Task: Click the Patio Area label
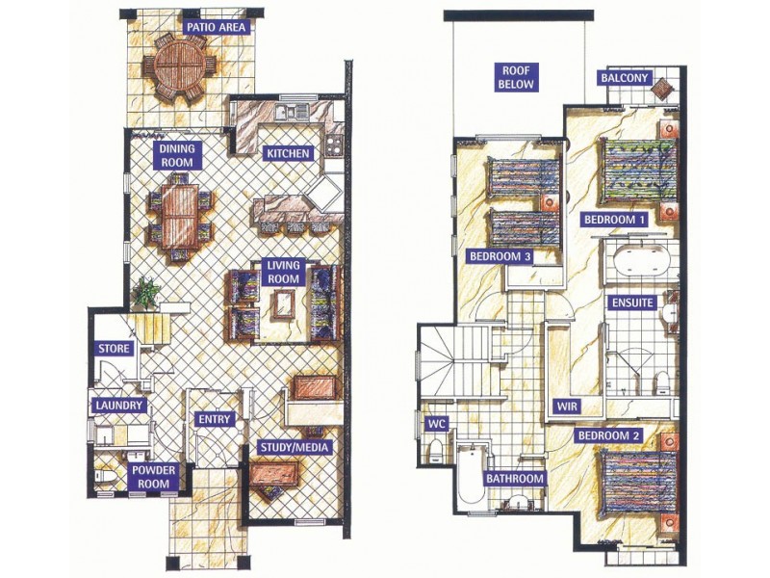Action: pos(216,27)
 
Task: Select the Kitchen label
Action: pos(288,153)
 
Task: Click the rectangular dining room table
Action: pos(180,216)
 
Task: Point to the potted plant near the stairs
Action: pos(145,293)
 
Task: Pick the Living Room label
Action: pos(283,273)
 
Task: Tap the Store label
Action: pos(114,349)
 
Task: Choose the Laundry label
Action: pos(119,406)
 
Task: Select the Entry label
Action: pos(214,419)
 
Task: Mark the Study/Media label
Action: pos(294,447)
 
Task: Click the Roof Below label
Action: pos(516,77)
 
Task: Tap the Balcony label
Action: pos(625,78)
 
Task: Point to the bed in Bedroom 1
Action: pos(637,171)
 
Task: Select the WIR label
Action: pos(566,407)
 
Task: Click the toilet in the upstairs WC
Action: pos(435,451)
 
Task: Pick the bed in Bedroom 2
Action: pos(637,484)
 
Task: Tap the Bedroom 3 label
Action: pos(500,256)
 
